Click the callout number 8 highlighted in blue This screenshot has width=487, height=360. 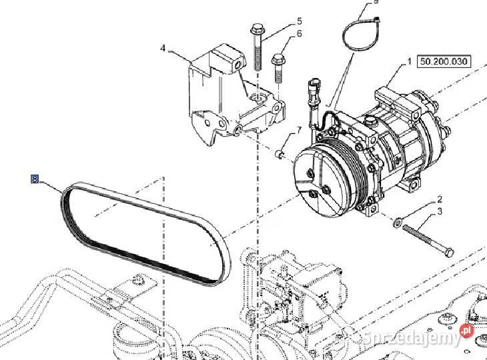(x=35, y=179)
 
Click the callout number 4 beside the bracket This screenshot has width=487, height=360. (x=163, y=49)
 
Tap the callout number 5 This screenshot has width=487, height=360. (x=299, y=21)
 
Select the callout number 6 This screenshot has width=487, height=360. (x=299, y=33)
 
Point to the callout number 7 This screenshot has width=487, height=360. (x=299, y=130)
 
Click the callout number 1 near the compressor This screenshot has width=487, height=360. (x=409, y=61)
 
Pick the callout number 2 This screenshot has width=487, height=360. (x=440, y=199)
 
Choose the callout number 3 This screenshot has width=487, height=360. (x=440, y=211)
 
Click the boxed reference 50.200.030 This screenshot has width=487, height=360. (x=444, y=61)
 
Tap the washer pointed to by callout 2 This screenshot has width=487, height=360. (x=398, y=222)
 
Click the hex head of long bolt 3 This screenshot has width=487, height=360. (x=449, y=252)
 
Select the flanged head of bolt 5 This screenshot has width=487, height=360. (x=257, y=29)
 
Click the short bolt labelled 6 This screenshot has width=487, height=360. (x=278, y=68)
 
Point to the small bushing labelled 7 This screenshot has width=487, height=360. (x=280, y=154)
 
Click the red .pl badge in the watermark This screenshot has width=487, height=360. (x=466, y=330)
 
